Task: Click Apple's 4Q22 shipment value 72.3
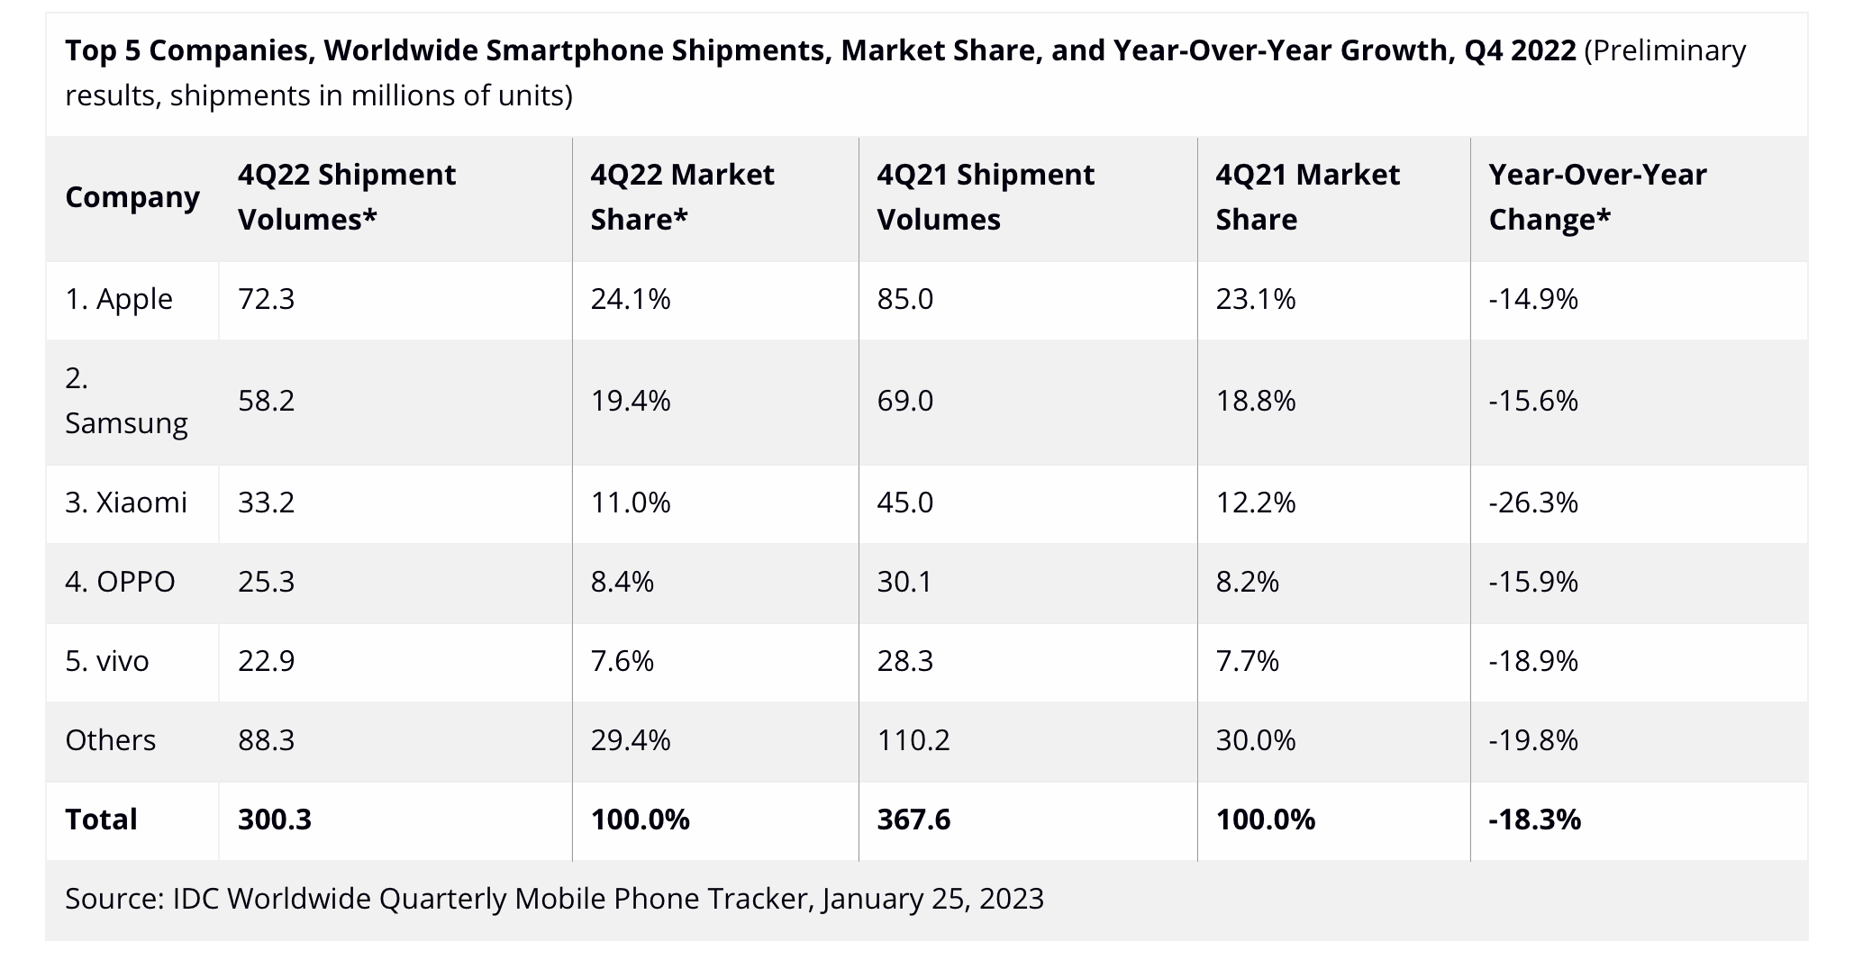click(266, 299)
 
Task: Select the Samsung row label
click(126, 401)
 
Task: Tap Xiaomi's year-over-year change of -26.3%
click(1533, 502)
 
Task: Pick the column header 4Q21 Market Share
click(1307, 196)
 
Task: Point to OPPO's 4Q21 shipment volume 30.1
click(904, 582)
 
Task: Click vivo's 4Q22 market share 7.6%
click(622, 661)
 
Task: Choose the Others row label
click(110, 740)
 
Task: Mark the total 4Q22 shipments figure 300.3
click(275, 820)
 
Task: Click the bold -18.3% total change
click(1534, 820)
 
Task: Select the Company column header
click(132, 196)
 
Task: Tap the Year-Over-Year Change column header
click(1597, 196)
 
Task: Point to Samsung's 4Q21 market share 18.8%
click(1256, 401)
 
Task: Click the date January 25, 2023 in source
click(932, 899)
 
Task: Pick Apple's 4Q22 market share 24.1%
click(631, 299)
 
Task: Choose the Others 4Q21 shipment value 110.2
click(913, 740)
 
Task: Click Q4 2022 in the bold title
click(1520, 50)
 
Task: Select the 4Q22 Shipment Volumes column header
click(347, 196)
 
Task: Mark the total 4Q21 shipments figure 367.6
click(913, 820)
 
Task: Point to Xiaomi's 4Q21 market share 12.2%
click(1256, 502)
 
